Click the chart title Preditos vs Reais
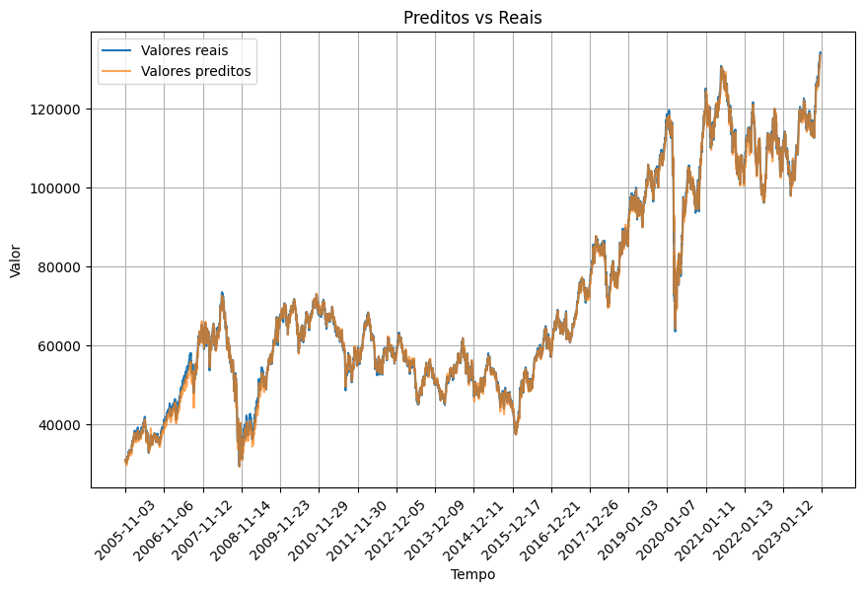472,17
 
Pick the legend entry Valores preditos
195,71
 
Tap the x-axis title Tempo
472,574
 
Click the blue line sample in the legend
116,49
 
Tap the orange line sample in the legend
116,71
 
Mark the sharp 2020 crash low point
675,331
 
